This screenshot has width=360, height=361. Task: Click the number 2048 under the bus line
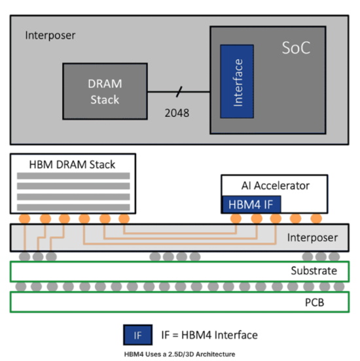(177, 113)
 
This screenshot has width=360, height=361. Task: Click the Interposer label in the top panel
(50, 35)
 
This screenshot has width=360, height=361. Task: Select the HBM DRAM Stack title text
(73, 164)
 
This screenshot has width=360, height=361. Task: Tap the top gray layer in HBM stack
(73, 177)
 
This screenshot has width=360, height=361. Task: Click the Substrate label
(314, 270)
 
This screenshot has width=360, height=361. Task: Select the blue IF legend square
(137, 335)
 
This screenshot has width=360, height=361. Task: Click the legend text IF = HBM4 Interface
(209, 335)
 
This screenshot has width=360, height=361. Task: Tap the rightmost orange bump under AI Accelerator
(317, 218)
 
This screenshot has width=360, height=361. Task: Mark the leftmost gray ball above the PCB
(21, 286)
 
